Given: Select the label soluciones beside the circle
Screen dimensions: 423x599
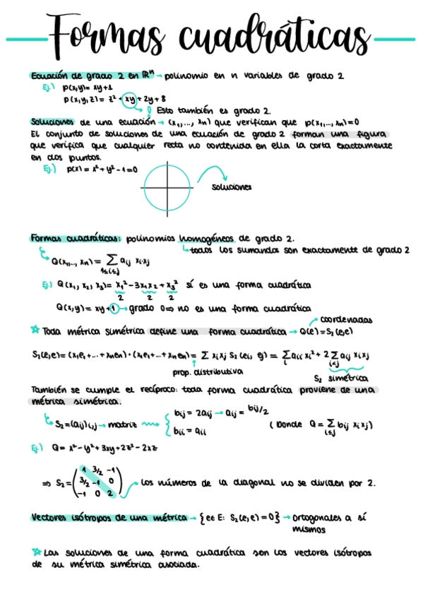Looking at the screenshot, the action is pyautogui.click(x=232, y=188).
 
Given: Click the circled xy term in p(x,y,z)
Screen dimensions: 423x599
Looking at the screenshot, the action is pyautogui.click(x=129, y=99).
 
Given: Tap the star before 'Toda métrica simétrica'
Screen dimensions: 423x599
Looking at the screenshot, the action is pyautogui.click(x=36, y=330).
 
